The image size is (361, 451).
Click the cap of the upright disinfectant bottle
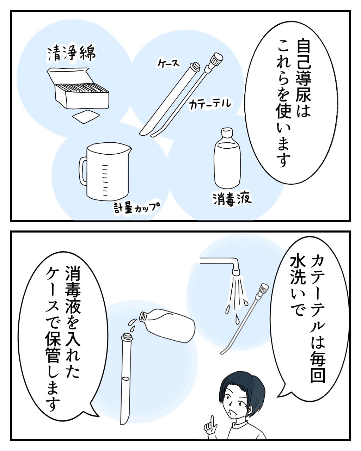tap(227, 132)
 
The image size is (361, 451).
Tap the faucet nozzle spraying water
tap(236, 271)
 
